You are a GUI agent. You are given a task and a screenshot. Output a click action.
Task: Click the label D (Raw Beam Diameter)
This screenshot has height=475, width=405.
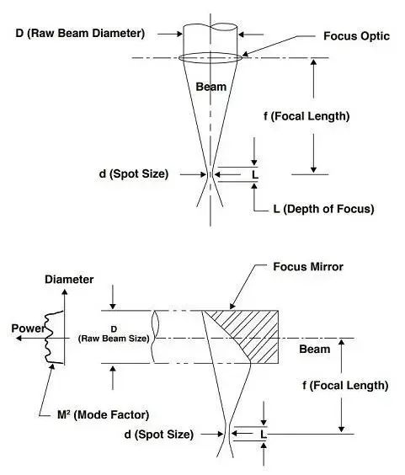pyautogui.click(x=80, y=33)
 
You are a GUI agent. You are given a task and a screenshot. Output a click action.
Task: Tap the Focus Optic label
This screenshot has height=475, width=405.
pyautogui.click(x=356, y=36)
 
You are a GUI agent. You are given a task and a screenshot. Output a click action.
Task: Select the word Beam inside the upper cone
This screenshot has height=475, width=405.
pyautogui.click(x=210, y=87)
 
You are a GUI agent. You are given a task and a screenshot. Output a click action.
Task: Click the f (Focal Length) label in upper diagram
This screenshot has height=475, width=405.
pyautogui.click(x=306, y=116)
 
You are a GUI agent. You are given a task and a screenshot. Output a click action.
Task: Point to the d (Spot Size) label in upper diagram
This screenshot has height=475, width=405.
pyautogui.click(x=134, y=173)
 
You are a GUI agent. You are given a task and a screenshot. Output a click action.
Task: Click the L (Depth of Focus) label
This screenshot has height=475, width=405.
pyautogui.click(x=323, y=209)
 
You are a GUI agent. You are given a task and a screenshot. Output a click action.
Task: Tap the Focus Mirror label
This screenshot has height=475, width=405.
pyautogui.click(x=308, y=267)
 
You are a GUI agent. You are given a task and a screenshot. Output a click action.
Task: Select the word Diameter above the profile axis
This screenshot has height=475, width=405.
pyautogui.click(x=69, y=280)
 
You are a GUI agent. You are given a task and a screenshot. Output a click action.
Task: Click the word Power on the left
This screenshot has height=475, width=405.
pyautogui.click(x=28, y=328)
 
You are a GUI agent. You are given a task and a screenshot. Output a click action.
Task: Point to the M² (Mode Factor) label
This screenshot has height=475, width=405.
pyautogui.click(x=103, y=414)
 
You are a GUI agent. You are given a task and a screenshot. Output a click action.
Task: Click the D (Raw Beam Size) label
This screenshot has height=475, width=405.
pyautogui.click(x=114, y=334)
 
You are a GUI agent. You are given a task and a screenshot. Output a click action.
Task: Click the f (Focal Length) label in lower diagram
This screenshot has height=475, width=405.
pyautogui.click(x=345, y=386)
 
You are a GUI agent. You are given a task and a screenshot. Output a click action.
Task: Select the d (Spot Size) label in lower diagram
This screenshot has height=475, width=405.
pyautogui.click(x=159, y=435)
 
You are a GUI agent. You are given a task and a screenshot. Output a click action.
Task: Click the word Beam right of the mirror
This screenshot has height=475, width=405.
pyautogui.click(x=315, y=349)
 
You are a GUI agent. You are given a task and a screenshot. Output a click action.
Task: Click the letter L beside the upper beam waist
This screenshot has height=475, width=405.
pyautogui.click(x=255, y=175)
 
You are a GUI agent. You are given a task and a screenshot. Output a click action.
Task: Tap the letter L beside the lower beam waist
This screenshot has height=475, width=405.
pyautogui.click(x=264, y=435)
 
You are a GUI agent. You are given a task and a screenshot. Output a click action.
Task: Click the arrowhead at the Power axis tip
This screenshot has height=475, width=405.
pyautogui.click(x=19, y=338)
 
